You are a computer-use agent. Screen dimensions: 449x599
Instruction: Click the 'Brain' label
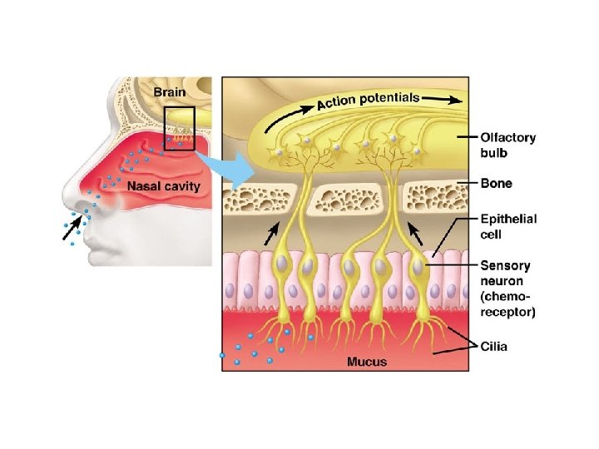click(x=170, y=89)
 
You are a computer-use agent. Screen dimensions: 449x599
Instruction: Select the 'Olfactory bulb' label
click(x=507, y=146)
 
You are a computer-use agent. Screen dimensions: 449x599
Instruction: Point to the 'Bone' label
click(x=496, y=183)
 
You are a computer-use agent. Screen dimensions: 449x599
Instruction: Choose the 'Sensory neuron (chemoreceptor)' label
click(x=508, y=288)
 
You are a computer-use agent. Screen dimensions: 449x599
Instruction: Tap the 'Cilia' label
click(x=497, y=344)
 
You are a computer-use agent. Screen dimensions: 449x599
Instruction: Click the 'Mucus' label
click(x=366, y=362)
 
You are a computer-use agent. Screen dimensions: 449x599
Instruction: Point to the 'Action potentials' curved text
click(x=368, y=101)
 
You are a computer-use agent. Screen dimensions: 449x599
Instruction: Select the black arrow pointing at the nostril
click(x=73, y=228)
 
